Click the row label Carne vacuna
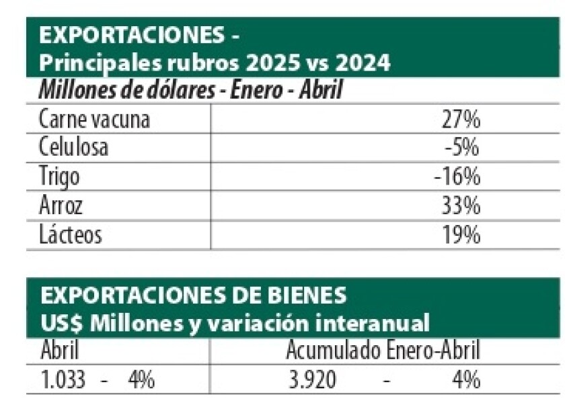pyautogui.click(x=94, y=120)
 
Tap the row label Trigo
pyautogui.click(x=59, y=177)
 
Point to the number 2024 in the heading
pyautogui.click(x=357, y=62)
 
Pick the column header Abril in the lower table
pyautogui.click(x=61, y=351)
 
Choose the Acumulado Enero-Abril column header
pyautogui.click(x=383, y=351)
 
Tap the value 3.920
pyautogui.click(x=313, y=380)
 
